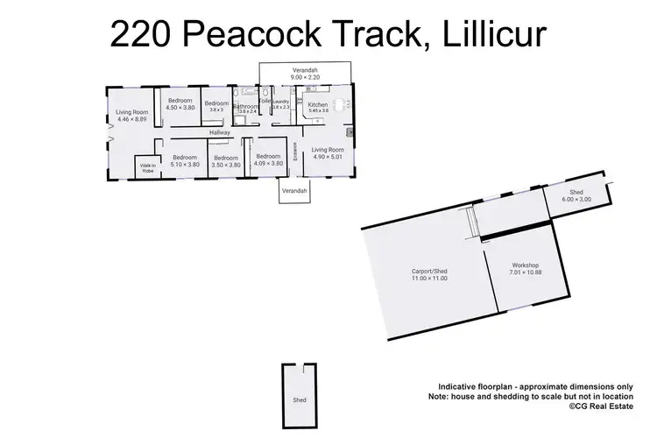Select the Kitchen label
pos(317,105)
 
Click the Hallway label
pos(219,132)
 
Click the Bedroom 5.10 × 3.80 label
pos(184,160)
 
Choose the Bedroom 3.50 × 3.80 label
pos(226,161)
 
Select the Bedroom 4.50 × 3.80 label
pos(180,104)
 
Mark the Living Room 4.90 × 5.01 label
pos(328,153)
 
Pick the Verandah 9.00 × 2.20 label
pos(304,73)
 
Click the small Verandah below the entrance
pos(294,191)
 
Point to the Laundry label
pos(280,104)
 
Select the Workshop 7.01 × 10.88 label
pos(524,269)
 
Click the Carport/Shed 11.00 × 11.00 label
pos(429,276)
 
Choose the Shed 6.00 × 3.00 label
pos(576,196)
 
